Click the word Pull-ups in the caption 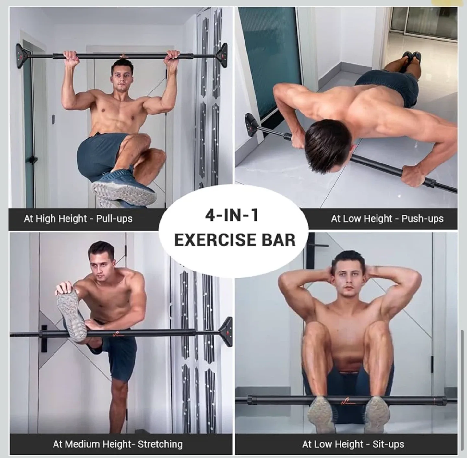point(114,219)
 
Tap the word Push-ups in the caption point(422,219)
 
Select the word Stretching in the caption point(160,444)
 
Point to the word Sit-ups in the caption point(388,444)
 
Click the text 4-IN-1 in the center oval point(232,215)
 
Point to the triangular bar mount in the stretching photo point(226,331)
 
